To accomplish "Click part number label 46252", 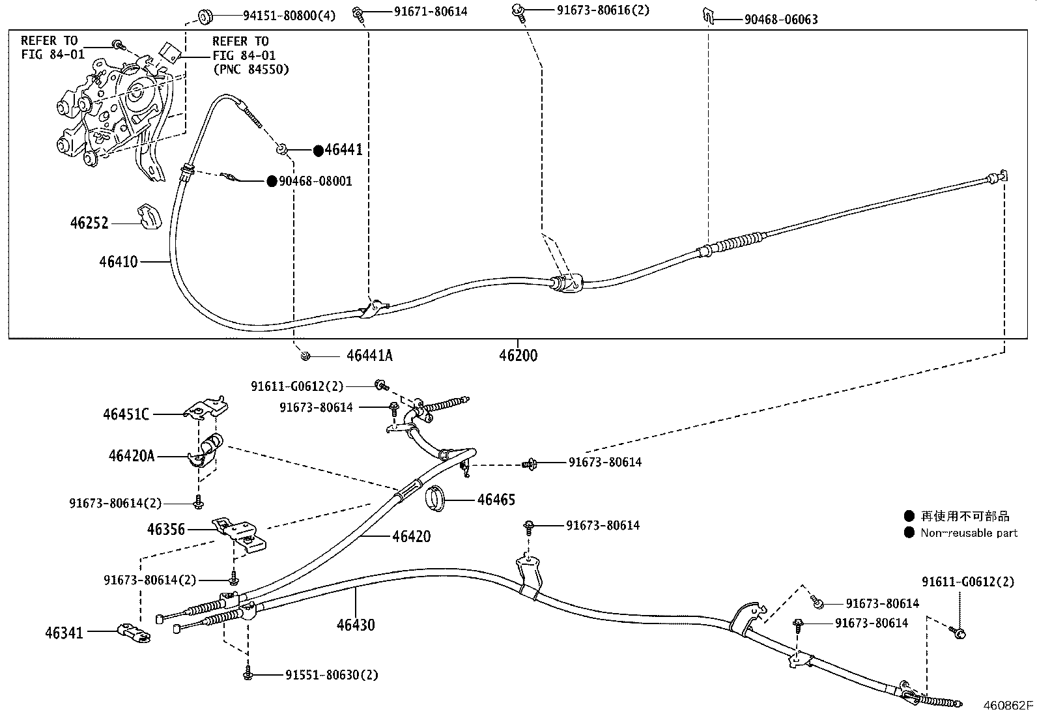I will tap(90, 223).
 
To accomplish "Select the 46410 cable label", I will tap(119, 262).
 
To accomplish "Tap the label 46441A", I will tap(369, 356).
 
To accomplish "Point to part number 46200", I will tap(518, 356).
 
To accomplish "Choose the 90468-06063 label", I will tap(781, 20).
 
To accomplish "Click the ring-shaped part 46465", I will tap(436, 498).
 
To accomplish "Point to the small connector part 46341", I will tap(134, 632).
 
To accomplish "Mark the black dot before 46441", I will tap(318, 150).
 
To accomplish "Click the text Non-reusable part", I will tap(969, 533).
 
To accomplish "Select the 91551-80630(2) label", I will tap(332, 675).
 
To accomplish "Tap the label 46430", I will tap(356, 625).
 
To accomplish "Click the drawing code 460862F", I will tap(1008, 705).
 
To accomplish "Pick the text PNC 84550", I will tap(250, 69).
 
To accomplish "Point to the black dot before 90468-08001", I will tap(272, 181).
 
